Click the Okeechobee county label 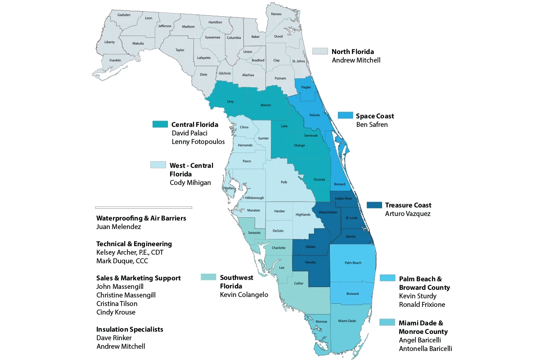(x=327, y=212)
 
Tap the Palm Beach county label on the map (x=353, y=262)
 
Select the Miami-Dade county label (x=346, y=320)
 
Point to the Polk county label (x=284, y=182)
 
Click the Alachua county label (x=248, y=75)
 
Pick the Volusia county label (x=315, y=115)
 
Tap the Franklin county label (x=115, y=60)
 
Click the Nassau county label (x=276, y=14)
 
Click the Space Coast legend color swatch (x=345, y=116)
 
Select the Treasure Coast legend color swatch (x=374, y=205)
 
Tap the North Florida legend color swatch (x=320, y=51)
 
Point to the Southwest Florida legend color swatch (x=208, y=277)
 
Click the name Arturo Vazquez (x=408, y=214)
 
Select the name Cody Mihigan (x=190, y=182)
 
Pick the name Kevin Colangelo (x=244, y=295)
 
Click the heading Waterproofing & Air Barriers (x=141, y=218)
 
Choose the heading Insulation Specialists (x=130, y=329)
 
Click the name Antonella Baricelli (x=425, y=349)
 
